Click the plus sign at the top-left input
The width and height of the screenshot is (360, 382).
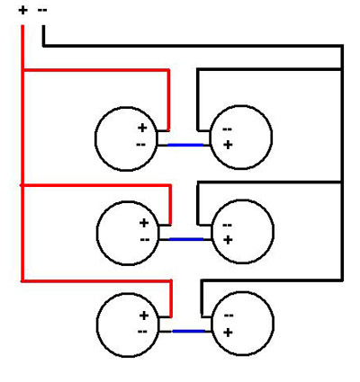pos(22,11)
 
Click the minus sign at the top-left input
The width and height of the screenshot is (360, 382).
pos(42,10)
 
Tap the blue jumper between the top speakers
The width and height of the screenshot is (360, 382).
pos(185,145)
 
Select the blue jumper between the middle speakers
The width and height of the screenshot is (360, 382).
pos(186,239)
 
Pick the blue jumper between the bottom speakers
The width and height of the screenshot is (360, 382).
pos(189,331)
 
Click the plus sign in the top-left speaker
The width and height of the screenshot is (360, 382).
pos(142,128)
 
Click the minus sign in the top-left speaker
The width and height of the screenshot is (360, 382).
pos(140,145)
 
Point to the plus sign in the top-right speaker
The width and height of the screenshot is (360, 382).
pos(228,145)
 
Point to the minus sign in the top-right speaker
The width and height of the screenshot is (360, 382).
pos(227,129)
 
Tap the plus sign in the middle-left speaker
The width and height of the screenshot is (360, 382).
pos(144,223)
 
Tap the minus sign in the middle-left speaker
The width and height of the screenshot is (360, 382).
pos(145,239)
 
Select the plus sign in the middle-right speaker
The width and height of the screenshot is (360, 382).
pos(228,240)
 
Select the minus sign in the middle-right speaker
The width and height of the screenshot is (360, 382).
pos(227,225)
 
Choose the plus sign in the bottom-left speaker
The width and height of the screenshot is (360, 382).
pos(144,315)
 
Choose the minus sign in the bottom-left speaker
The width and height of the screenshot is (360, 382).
pos(142,332)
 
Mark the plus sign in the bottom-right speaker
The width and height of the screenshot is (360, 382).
pos(228,333)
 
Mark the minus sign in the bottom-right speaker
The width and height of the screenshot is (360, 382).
pos(229,315)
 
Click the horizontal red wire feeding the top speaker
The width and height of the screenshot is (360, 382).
pos(96,70)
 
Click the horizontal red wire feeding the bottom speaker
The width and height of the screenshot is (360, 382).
pos(96,280)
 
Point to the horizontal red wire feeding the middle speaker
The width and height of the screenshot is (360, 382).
pos(96,186)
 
